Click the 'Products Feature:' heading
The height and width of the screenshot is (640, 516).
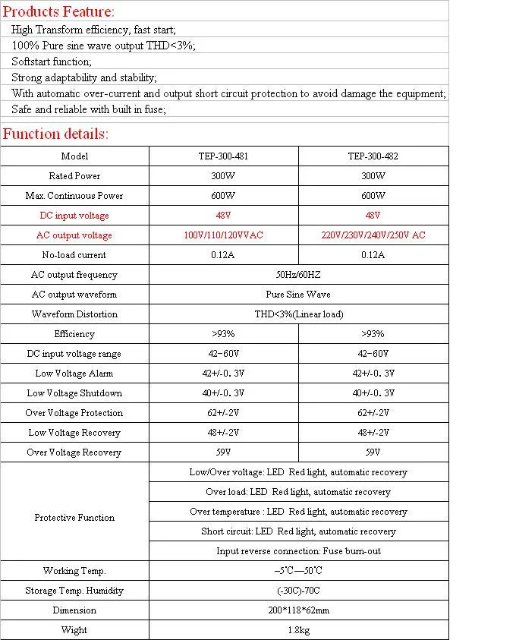pos(59,11)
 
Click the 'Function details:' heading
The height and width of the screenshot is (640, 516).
pos(56,134)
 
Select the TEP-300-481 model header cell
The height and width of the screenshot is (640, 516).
pos(223,156)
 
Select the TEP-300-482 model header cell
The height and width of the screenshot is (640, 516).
pos(373,156)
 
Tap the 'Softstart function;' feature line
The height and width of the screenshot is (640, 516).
pos(52,61)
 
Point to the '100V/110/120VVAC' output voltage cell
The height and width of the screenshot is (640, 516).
pos(223,235)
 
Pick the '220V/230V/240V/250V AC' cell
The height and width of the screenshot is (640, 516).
pos(373,235)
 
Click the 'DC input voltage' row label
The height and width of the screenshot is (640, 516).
pos(74,216)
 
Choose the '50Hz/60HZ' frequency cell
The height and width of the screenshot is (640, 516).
pos(298,275)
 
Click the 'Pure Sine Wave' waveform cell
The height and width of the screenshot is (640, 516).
pos(298,295)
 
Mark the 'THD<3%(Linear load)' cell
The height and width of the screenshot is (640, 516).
pos(298,314)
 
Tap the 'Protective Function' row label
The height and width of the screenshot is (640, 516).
pos(74,518)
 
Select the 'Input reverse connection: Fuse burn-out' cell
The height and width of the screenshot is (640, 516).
pos(298,551)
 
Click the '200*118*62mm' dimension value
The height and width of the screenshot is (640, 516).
pos(298,610)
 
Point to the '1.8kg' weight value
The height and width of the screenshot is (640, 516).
pos(298,630)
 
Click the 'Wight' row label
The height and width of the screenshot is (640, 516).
pos(74,630)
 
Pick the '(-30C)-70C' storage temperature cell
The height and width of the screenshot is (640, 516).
pos(298,591)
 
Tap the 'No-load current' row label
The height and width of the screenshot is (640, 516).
pos(74,255)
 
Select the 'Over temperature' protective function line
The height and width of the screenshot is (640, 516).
pos(298,512)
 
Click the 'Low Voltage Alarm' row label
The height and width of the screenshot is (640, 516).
pos(74,374)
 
